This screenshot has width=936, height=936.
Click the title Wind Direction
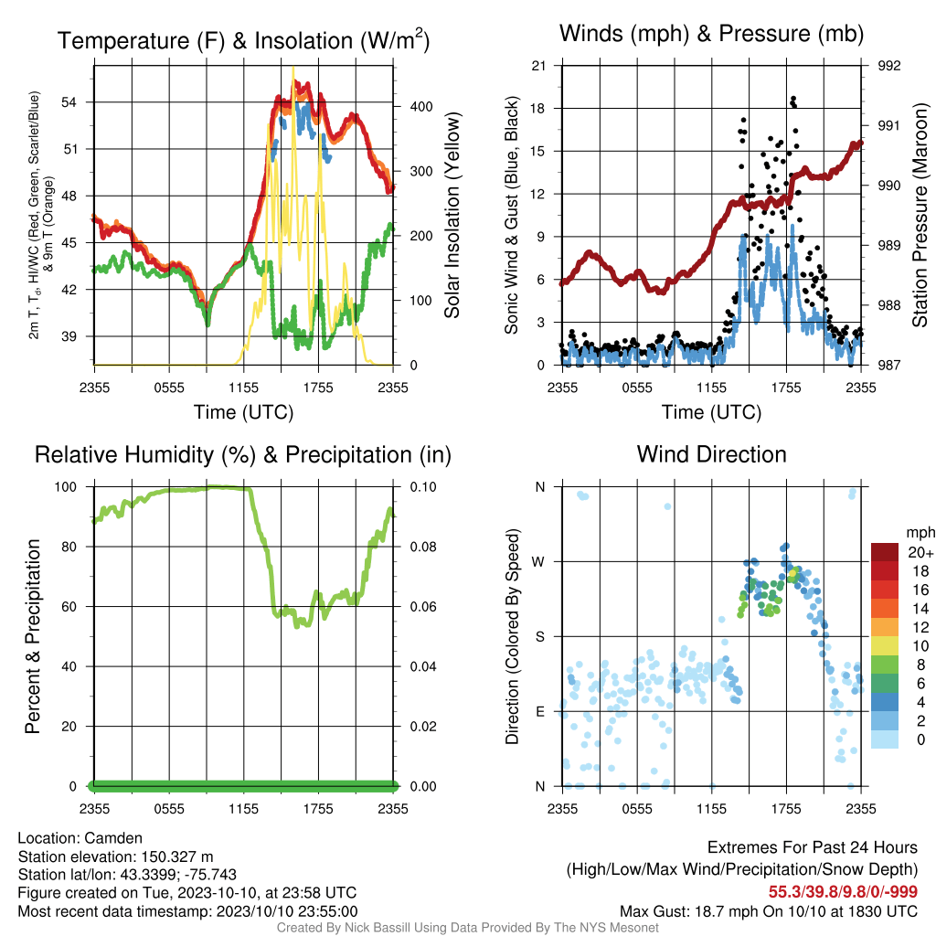pyautogui.click(x=711, y=454)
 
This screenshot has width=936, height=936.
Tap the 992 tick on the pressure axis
pyautogui.click(x=888, y=66)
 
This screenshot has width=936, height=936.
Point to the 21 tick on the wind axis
pyautogui.click(x=538, y=66)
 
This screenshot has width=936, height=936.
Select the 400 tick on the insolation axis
pyautogui.click(x=420, y=107)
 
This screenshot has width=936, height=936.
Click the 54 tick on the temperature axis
pyautogui.click(x=69, y=102)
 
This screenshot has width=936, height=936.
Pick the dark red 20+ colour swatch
pyautogui.click(x=885, y=552)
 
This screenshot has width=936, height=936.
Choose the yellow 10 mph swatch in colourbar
pyautogui.click(x=885, y=645)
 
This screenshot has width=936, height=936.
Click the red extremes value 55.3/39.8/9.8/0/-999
pyautogui.click(x=843, y=892)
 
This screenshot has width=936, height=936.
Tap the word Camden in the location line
pyautogui.click(x=113, y=838)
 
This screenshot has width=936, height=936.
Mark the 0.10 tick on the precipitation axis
pyautogui.click(x=423, y=487)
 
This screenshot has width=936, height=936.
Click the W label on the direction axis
pyautogui.click(x=538, y=562)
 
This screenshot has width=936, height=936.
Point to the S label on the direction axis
pyautogui.click(x=539, y=637)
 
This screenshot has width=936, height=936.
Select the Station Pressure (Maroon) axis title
pyautogui.click(x=920, y=215)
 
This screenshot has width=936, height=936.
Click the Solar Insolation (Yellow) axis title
pyautogui.click(x=452, y=215)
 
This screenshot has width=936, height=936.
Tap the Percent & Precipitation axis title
pyautogui.click(x=33, y=636)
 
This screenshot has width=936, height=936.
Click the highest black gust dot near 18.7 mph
pyautogui.click(x=793, y=99)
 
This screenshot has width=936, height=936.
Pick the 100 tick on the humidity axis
pyautogui.click(x=66, y=487)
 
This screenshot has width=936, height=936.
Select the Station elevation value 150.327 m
pyautogui.click(x=177, y=856)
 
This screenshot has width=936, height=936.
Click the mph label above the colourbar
pyautogui.click(x=920, y=533)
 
